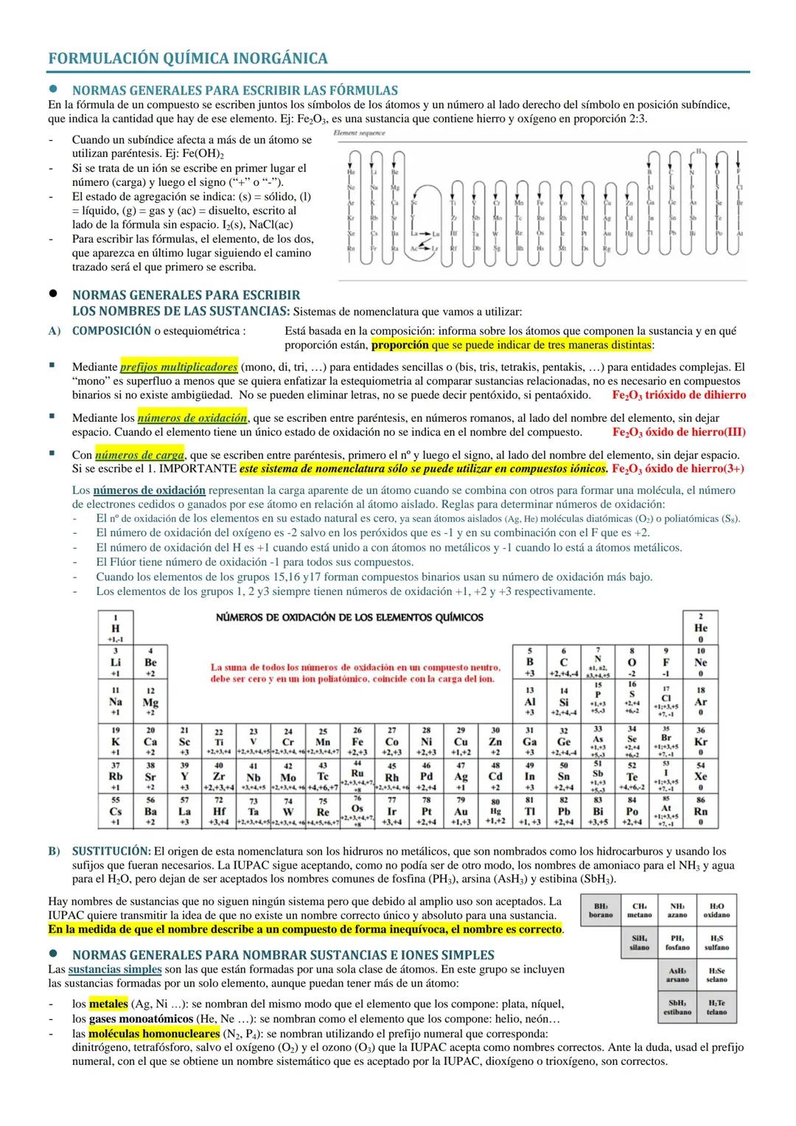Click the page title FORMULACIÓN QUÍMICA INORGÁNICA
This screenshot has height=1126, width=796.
coord(187,58)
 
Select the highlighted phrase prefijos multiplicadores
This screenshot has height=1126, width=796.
coord(178,366)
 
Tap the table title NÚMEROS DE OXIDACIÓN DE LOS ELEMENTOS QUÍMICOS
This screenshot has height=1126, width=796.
coord(349,617)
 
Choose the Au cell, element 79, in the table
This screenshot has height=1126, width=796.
coord(461,811)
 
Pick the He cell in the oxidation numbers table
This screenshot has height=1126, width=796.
coord(700,628)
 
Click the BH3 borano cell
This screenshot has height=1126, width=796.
coord(601,911)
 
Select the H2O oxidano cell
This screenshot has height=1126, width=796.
coord(716,911)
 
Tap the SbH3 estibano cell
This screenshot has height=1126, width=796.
coord(677,1007)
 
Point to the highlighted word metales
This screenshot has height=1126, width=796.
coord(108,1004)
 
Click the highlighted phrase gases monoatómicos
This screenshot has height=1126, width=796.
coord(138,1019)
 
